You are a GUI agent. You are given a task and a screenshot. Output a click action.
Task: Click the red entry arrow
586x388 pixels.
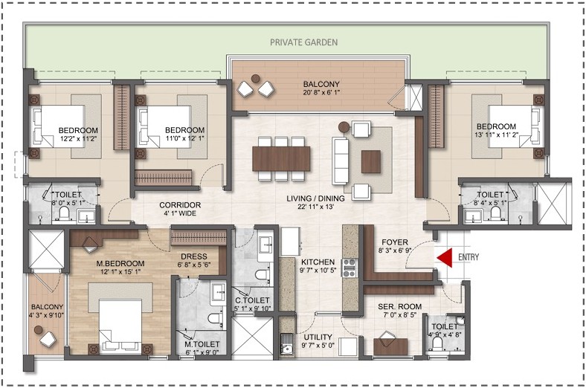pyautogui.click(x=445, y=258)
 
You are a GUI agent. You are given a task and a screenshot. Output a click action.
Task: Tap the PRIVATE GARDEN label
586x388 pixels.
pyautogui.click(x=305, y=43)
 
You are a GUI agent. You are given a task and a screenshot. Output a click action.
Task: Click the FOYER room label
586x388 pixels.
pyautogui.click(x=394, y=242)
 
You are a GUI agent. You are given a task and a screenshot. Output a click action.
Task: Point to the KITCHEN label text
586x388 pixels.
pyautogui.click(x=318, y=262)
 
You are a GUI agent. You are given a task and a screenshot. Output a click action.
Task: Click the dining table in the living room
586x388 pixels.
pyautogui.click(x=281, y=158)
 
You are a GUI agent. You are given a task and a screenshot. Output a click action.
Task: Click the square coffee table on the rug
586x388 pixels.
pyautogui.click(x=371, y=159)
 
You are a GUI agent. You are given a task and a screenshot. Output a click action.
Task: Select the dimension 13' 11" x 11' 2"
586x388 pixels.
pyautogui.click(x=497, y=136)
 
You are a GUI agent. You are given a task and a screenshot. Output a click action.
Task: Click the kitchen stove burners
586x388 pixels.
pyautogui.click(x=349, y=268)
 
